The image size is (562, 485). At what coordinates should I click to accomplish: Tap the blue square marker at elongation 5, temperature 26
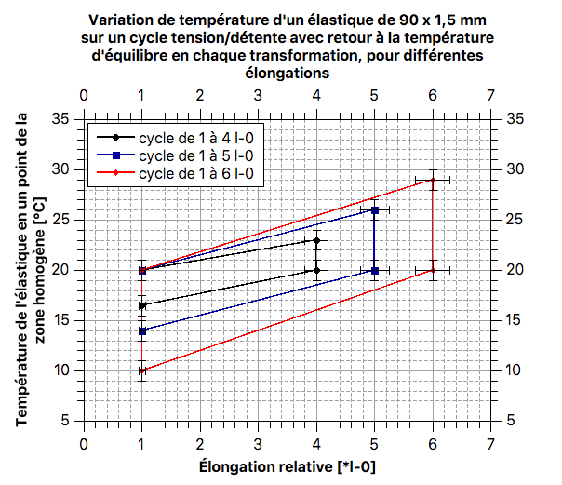[375, 210]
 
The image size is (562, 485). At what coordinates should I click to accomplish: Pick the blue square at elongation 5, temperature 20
[375, 271]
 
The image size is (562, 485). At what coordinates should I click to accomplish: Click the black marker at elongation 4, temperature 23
[317, 240]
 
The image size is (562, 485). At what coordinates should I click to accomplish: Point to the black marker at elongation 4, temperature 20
[317, 270]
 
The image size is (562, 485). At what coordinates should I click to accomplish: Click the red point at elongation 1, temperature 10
[141, 370]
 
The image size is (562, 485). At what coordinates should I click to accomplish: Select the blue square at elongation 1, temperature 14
[141, 330]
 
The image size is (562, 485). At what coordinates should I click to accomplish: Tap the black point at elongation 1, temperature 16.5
[141, 305]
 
